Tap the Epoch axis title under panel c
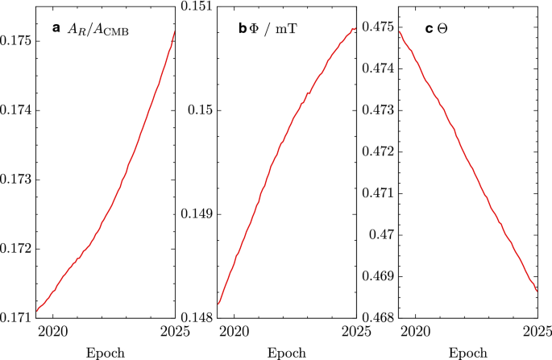[468, 353]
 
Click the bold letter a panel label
[56, 28]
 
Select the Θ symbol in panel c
[441, 29]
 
